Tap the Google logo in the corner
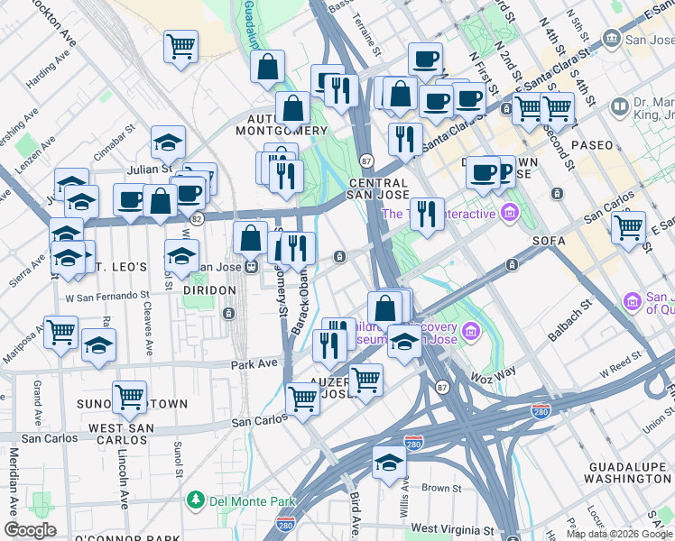point(30,530)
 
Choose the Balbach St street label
point(564,319)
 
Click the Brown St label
point(441,488)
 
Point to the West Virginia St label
point(455,529)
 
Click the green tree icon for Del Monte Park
point(194,500)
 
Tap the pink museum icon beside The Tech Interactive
point(511,214)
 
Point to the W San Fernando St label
point(106,295)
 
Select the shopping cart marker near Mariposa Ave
point(60,331)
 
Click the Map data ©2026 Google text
point(619,534)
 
